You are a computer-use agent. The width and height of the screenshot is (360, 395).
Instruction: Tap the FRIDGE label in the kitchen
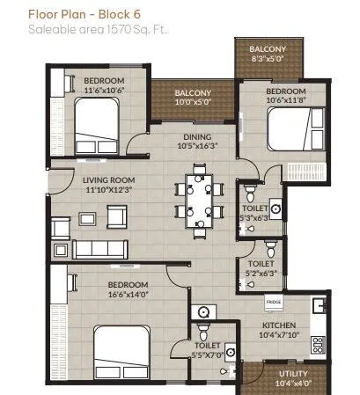[x=274, y=302]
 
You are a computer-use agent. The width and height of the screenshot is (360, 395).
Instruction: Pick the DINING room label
[x=196, y=135]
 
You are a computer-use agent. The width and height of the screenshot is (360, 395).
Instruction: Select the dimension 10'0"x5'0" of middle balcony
[x=192, y=101]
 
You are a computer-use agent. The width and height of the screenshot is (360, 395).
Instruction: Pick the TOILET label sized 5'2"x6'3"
[x=260, y=263]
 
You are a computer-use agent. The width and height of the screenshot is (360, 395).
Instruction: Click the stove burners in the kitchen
[x=320, y=343]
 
